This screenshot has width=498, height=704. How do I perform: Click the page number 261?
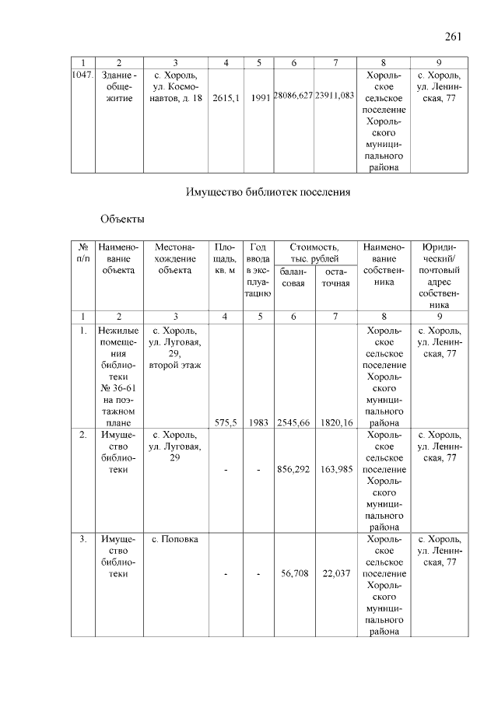(454, 36)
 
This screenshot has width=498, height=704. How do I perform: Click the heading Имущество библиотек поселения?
(269, 191)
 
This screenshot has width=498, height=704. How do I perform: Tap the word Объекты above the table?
(123, 219)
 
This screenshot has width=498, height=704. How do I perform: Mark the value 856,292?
(293, 470)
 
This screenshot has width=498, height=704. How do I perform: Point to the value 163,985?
(336, 470)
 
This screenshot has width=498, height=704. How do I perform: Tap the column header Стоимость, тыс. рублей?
(314, 253)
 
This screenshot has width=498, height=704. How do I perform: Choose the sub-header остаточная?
(336, 278)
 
